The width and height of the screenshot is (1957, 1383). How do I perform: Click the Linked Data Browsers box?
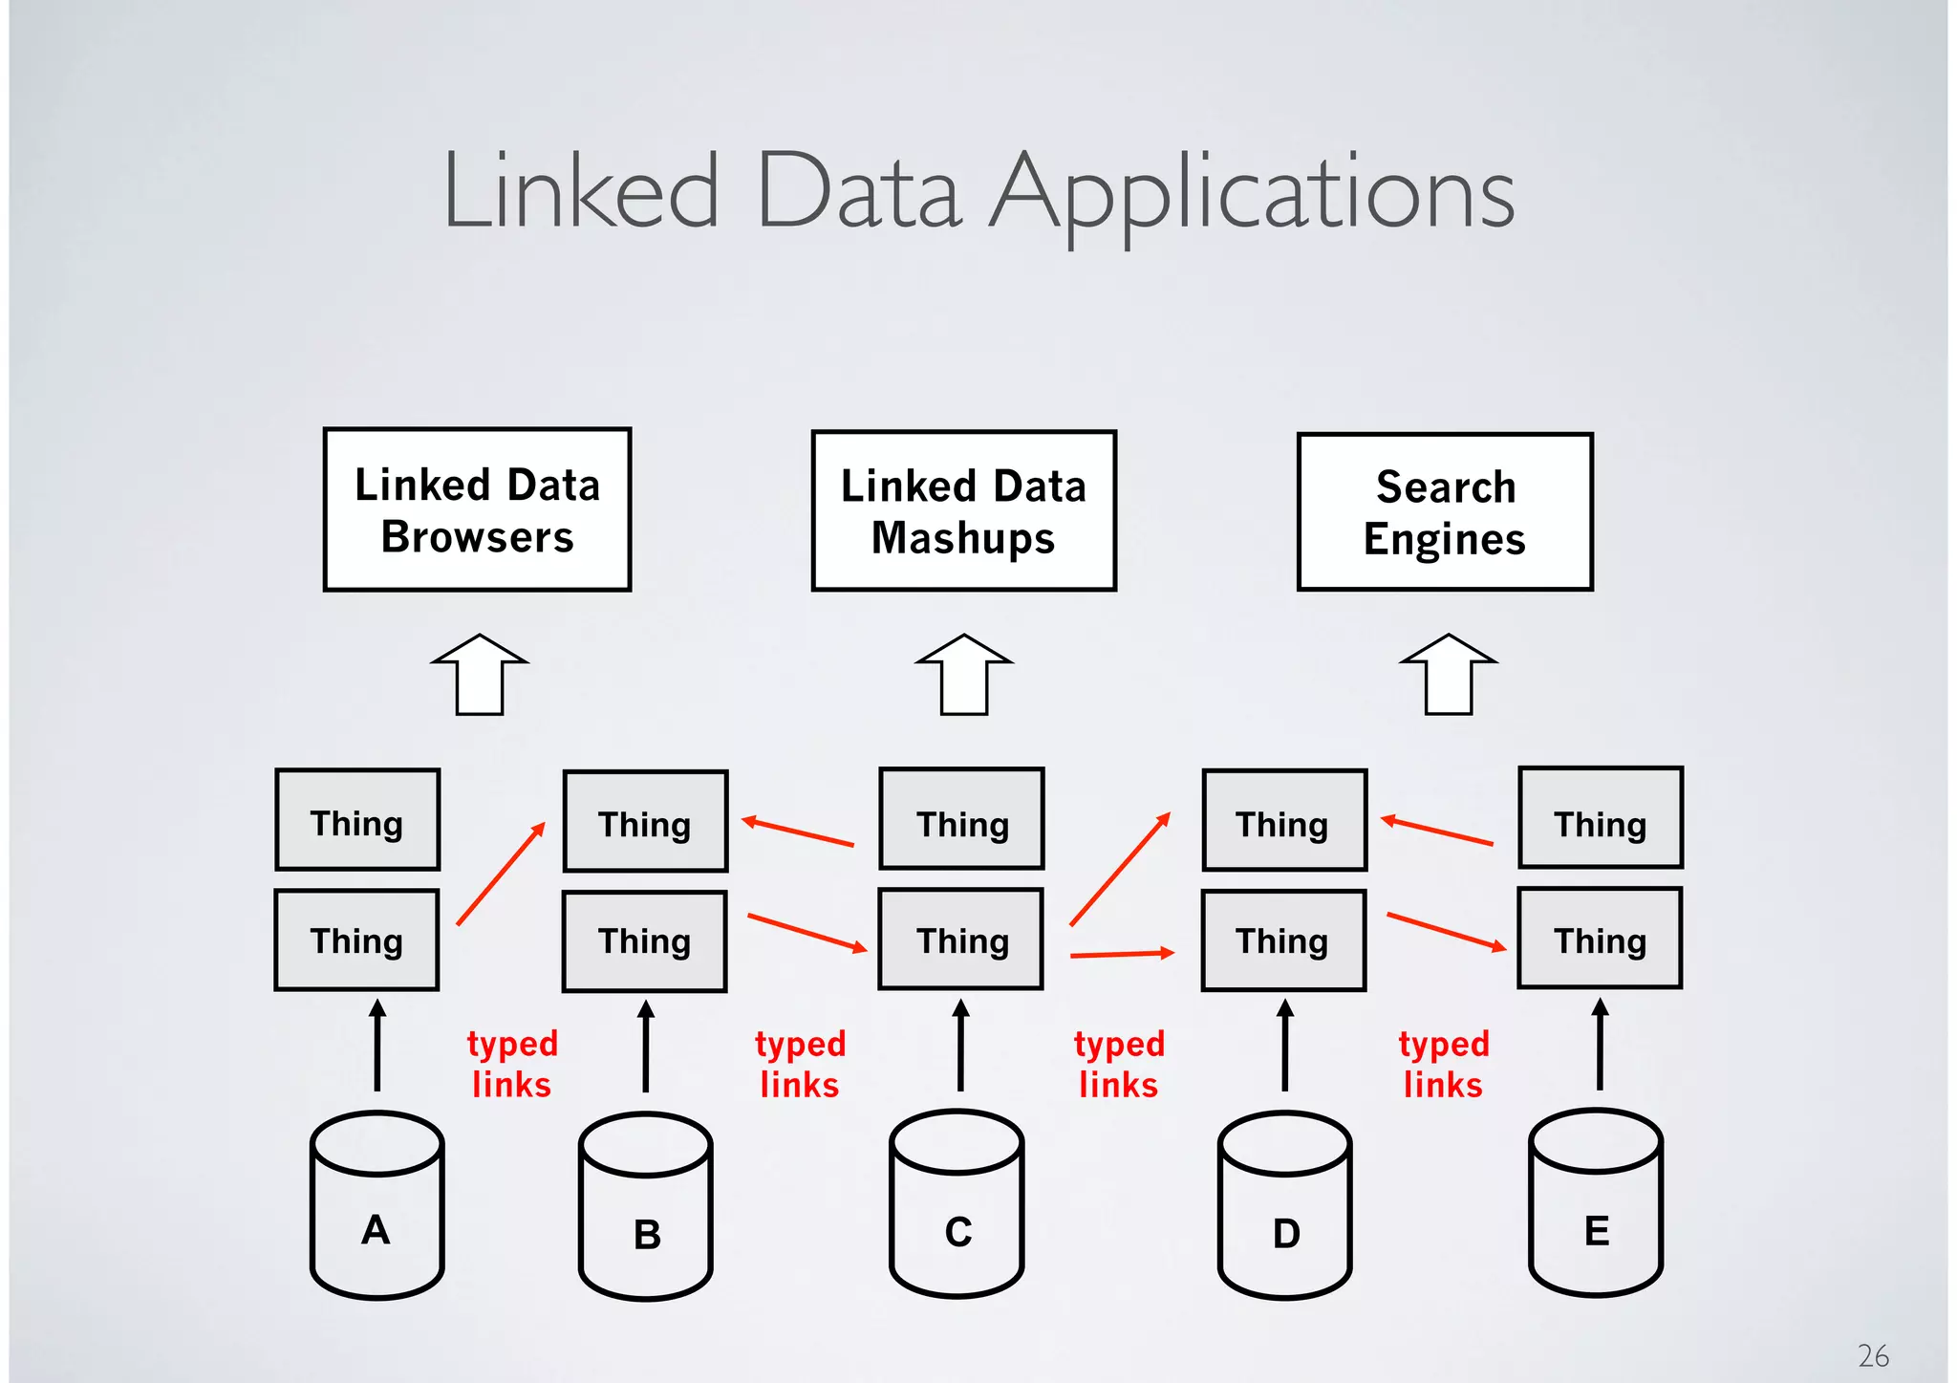point(477,509)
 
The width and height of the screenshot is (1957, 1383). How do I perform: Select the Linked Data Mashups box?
point(963,510)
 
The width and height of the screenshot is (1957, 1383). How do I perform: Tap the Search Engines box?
point(1444,511)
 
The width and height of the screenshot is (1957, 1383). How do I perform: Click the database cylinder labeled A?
point(376,1206)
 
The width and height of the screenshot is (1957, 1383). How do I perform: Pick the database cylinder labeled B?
point(646,1208)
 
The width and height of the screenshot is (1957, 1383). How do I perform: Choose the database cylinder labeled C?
point(957,1204)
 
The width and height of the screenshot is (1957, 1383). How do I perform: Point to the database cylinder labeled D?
point(1284,1206)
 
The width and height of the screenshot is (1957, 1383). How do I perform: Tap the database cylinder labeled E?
point(1596,1204)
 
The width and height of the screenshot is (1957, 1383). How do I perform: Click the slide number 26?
point(1873,1355)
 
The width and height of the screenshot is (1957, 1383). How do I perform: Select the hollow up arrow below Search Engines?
point(1449,675)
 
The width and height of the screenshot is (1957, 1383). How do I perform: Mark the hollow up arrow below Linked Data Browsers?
point(480,675)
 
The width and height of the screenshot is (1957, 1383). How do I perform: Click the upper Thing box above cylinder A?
point(357,820)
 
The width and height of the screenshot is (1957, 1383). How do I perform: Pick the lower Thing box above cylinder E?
point(1600,939)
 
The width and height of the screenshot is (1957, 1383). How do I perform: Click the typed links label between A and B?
point(512,1064)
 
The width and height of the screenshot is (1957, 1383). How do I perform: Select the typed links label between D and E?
point(1443,1064)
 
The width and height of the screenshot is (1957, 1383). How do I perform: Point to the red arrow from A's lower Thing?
point(501,874)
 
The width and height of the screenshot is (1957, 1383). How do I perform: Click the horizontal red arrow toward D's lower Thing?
point(1121,954)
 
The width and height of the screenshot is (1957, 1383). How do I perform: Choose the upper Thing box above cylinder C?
point(961,819)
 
